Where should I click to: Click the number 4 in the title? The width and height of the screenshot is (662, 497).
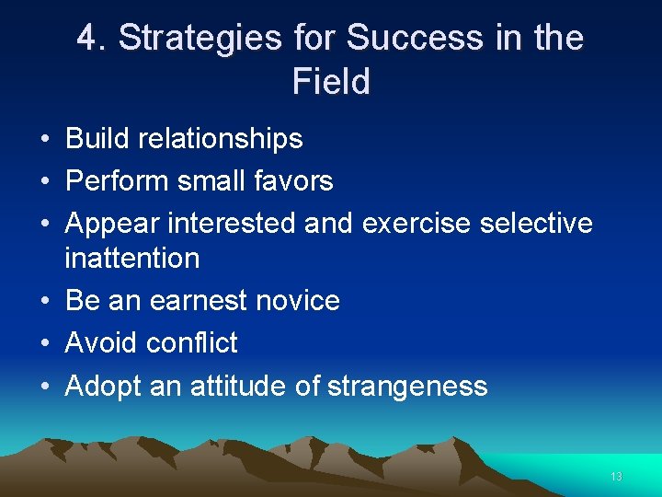point(87,38)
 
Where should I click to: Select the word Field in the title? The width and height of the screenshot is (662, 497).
point(331,82)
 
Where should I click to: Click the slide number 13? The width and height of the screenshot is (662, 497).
point(616,476)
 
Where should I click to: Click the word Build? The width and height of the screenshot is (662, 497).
point(97,139)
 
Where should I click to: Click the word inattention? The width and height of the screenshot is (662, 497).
point(132,259)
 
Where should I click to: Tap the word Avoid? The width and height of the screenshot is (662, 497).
point(101,343)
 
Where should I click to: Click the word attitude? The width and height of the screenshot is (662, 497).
point(238,386)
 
